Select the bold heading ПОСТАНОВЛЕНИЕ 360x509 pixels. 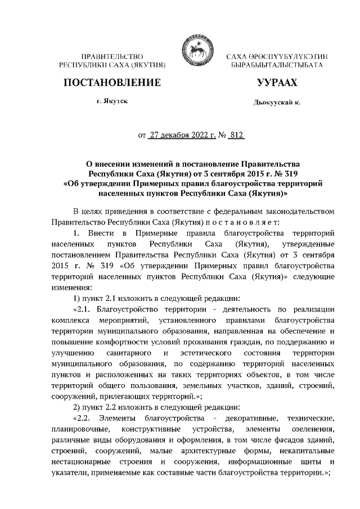pos(112,83)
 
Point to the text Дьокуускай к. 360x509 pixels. pos(276,103)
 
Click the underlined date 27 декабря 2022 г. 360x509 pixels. pos(181,135)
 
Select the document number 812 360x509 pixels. pos(237,135)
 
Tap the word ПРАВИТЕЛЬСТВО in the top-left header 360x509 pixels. pos(112,57)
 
